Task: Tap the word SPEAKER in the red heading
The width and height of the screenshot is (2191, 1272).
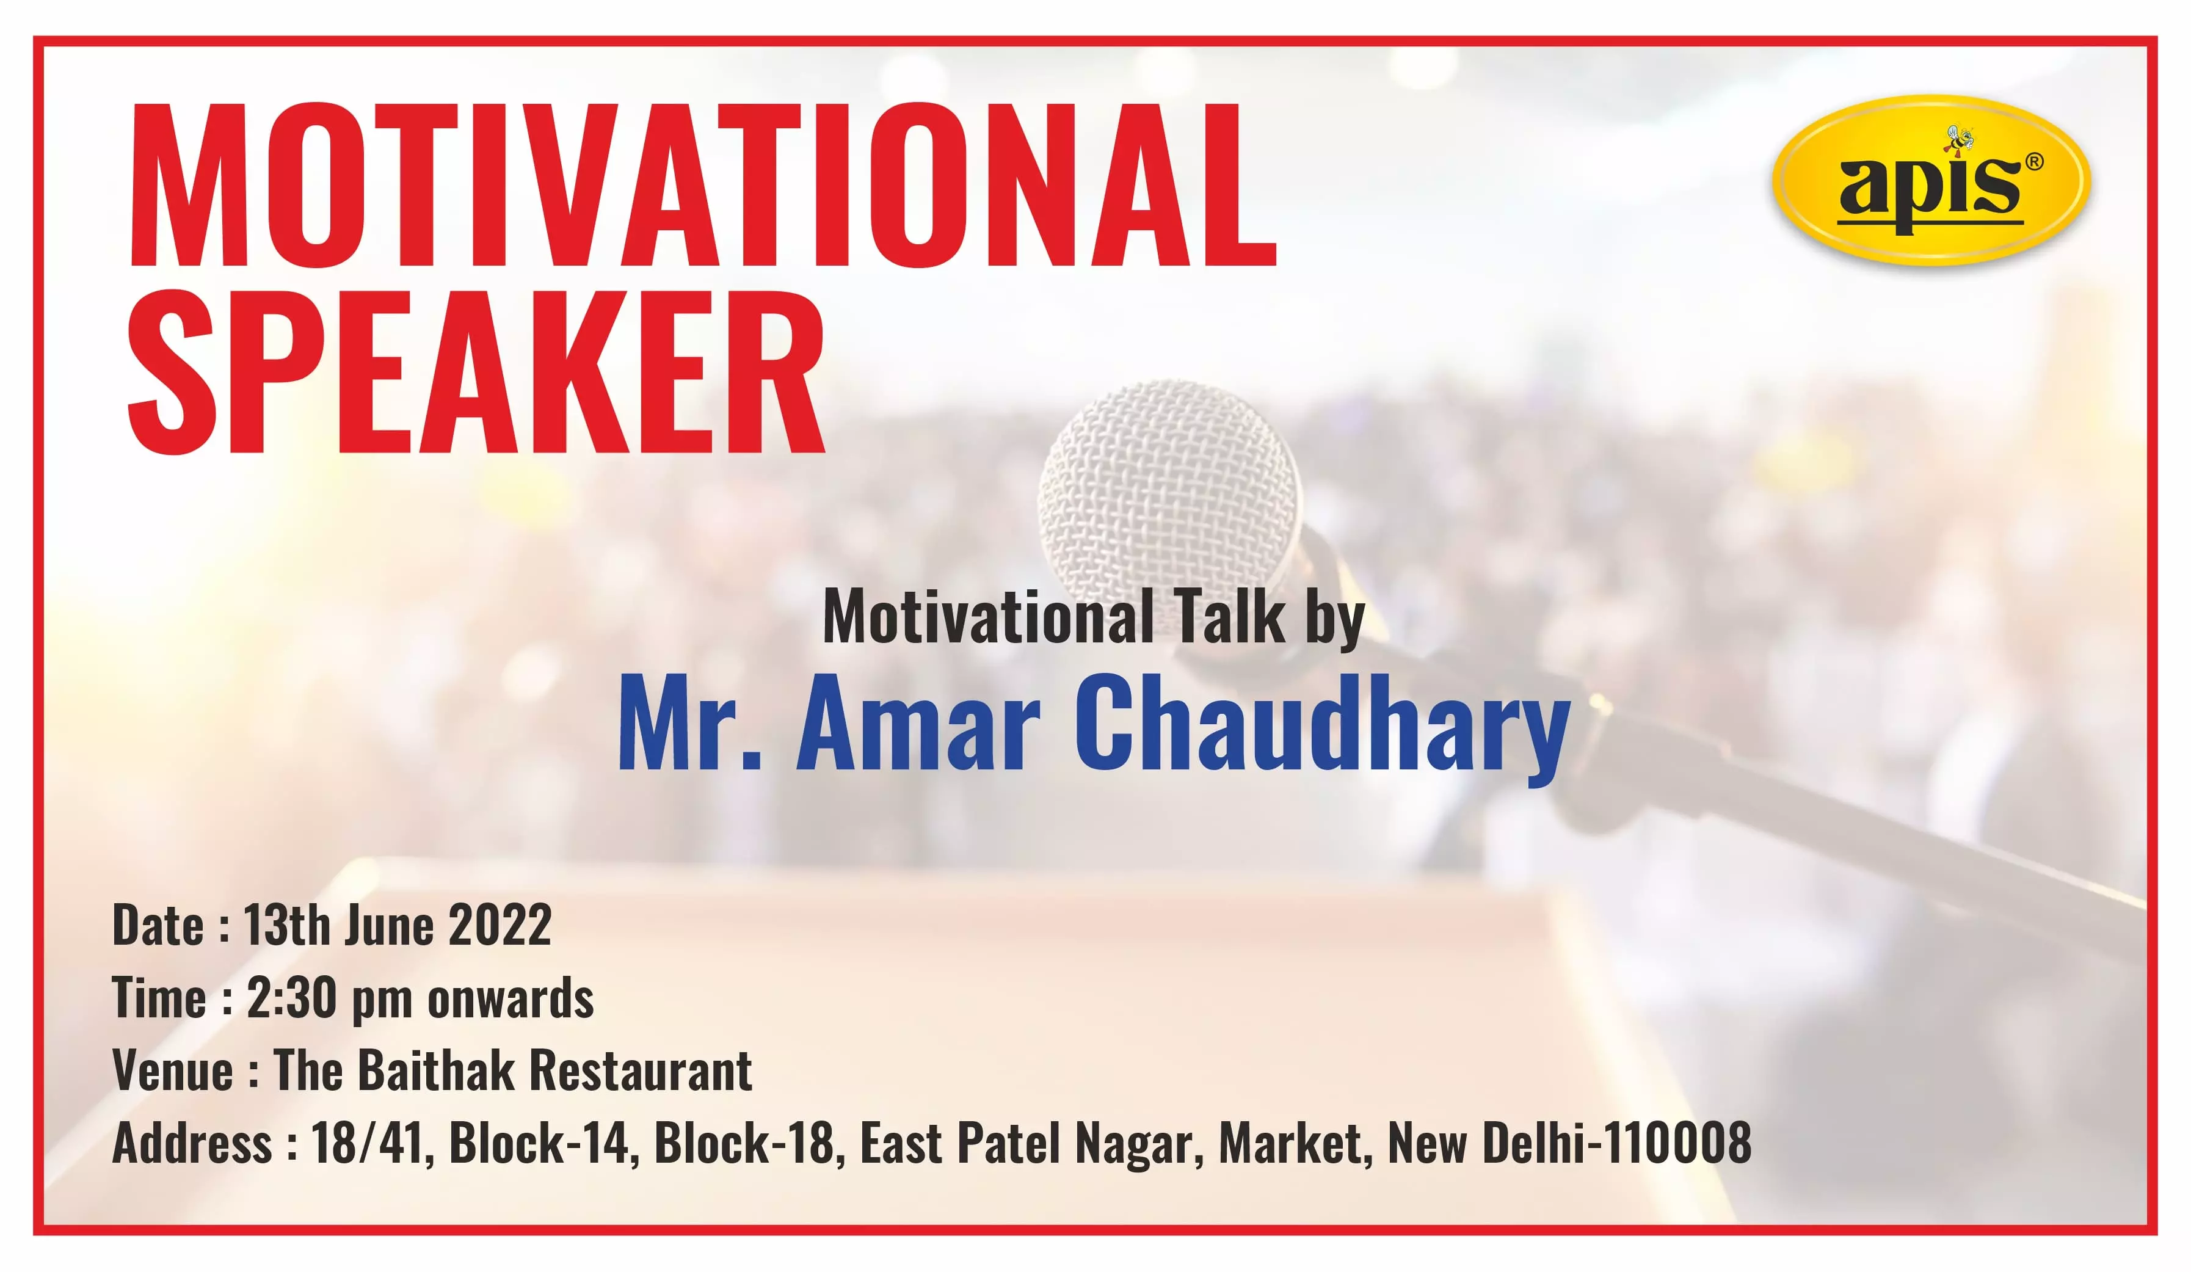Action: (476, 372)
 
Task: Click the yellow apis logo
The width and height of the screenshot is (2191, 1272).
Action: (1931, 180)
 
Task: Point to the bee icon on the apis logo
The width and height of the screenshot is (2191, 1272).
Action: (1960, 141)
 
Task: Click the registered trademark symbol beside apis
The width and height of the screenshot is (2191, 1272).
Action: (2035, 162)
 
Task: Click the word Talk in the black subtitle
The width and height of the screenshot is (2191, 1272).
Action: (1229, 616)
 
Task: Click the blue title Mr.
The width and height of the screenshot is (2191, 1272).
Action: (689, 724)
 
